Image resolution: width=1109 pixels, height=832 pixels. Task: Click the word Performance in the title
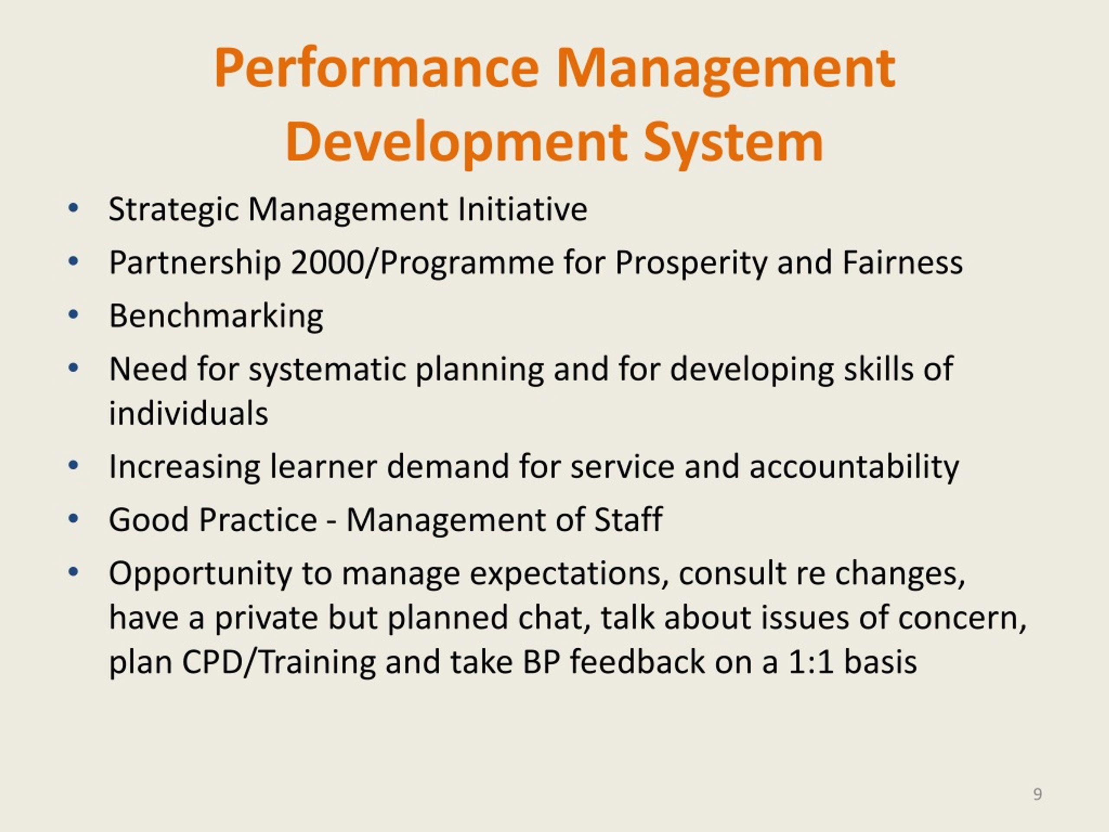[x=376, y=69]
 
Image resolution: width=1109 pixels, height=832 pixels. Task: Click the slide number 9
[x=1038, y=794]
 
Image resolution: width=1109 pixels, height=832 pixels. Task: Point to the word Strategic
[x=173, y=210]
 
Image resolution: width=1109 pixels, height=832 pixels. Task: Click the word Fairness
[x=902, y=262]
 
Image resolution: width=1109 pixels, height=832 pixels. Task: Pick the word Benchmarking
[x=216, y=316]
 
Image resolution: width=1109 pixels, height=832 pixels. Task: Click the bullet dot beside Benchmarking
[x=73, y=315]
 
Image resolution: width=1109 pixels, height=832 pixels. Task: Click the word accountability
[x=854, y=467]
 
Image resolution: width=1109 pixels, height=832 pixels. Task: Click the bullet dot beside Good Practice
[x=73, y=519]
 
